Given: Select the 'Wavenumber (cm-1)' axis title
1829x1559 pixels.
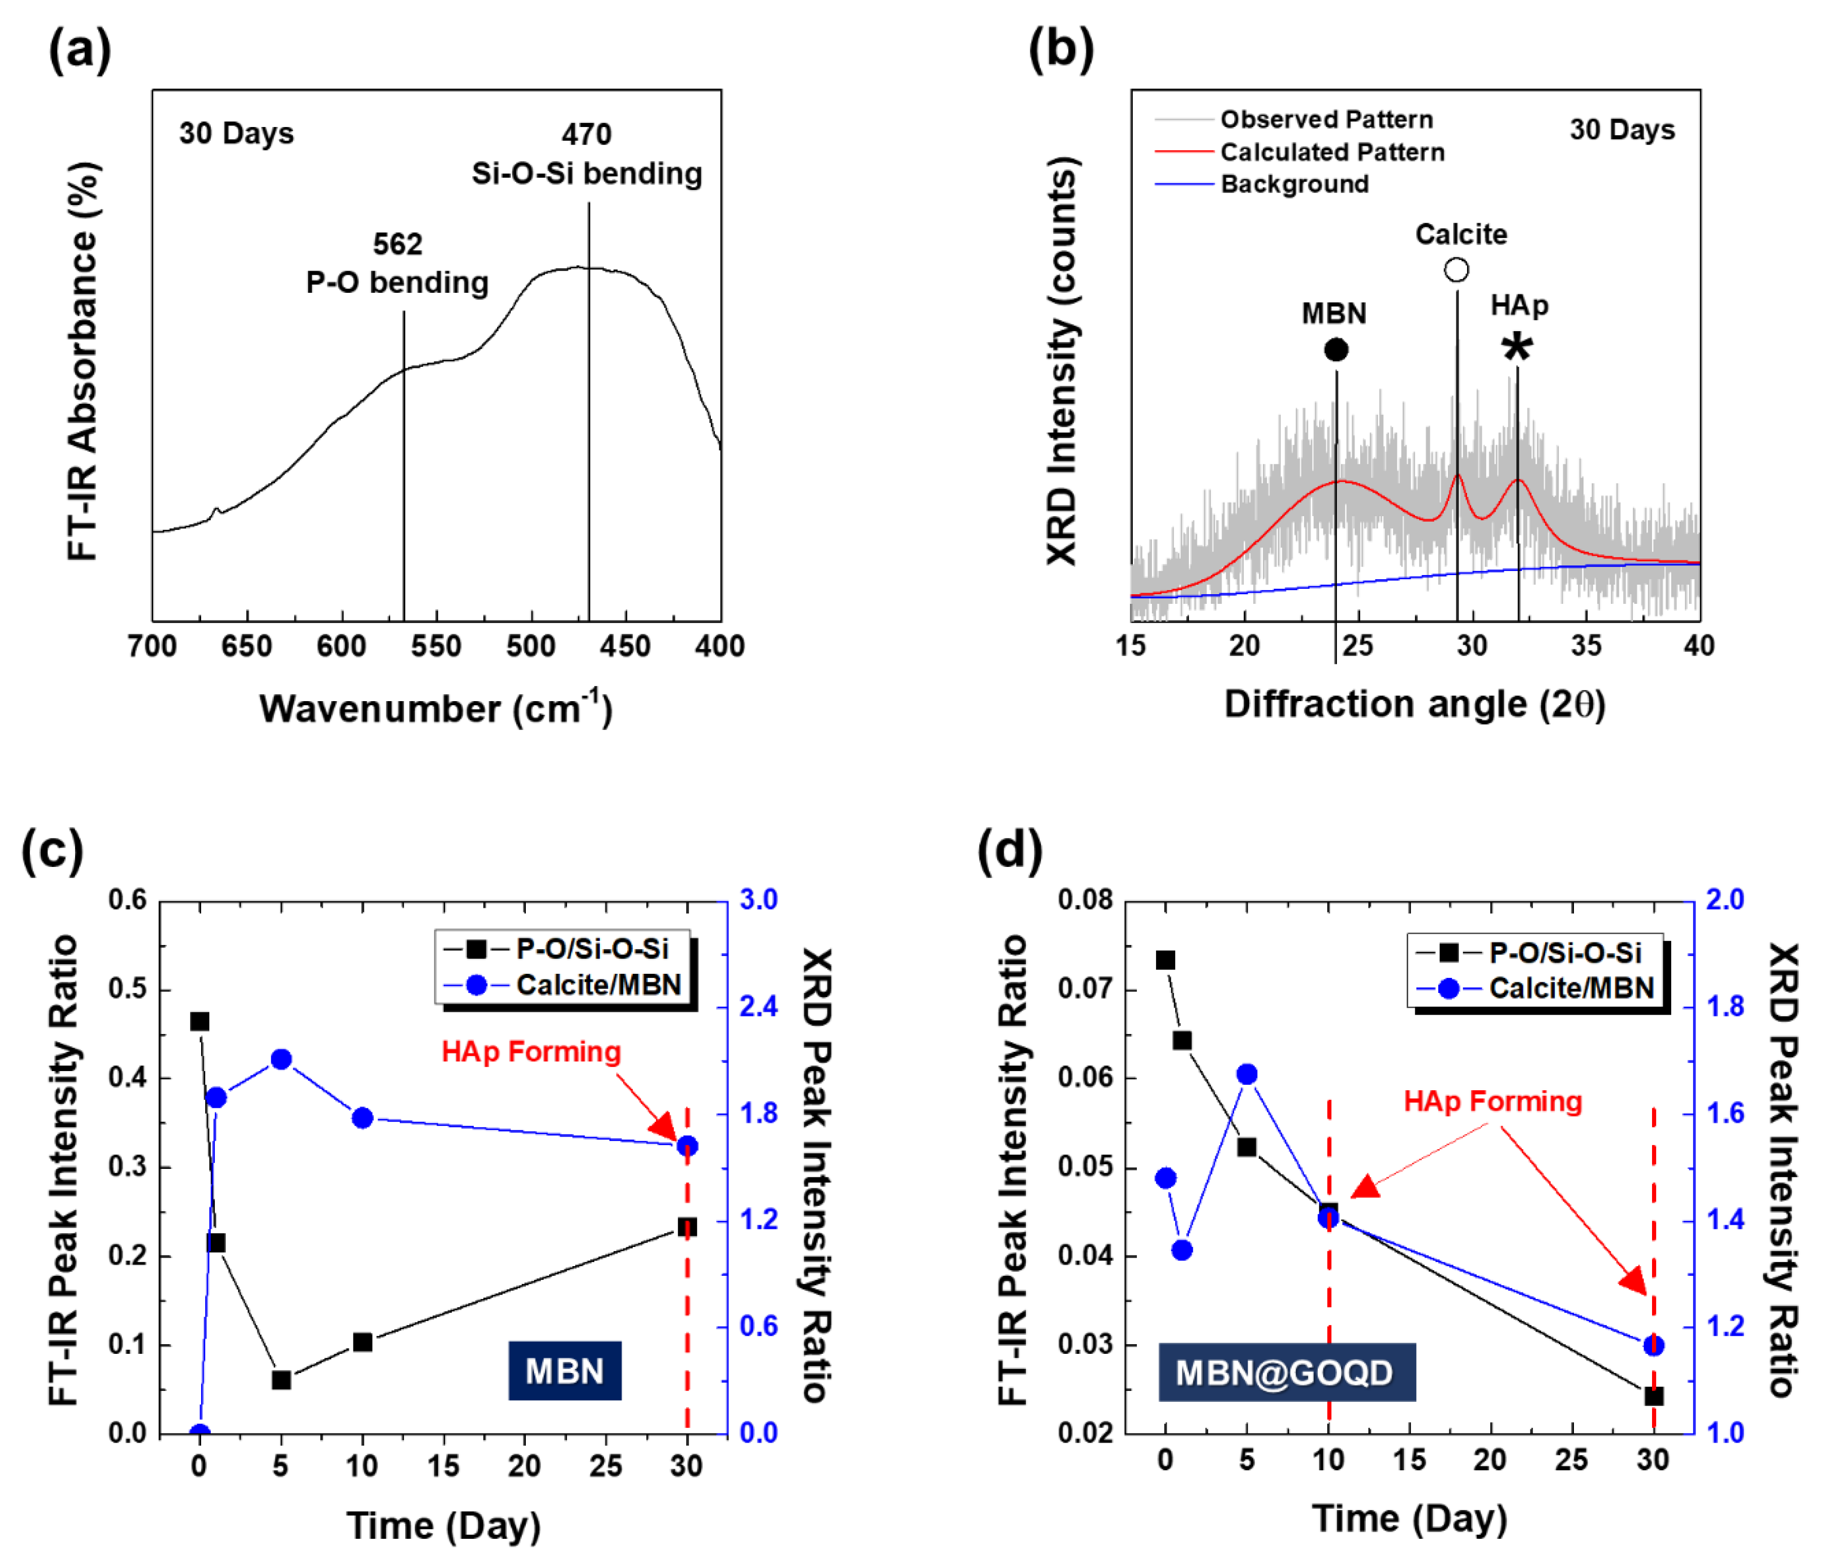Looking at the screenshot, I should [x=435, y=708].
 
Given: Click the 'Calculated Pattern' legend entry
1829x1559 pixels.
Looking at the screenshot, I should [x=1331, y=152].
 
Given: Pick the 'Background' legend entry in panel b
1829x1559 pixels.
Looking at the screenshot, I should [x=1294, y=184].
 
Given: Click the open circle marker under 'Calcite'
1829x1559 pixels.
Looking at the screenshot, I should [x=1456, y=269].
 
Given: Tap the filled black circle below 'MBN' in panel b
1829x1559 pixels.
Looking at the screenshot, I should [x=1335, y=350].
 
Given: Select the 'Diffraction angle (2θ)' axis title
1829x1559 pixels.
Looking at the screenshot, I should [x=1414, y=705].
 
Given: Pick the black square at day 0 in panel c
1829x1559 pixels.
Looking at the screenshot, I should [x=200, y=1021].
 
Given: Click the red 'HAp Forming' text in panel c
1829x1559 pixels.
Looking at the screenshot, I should [x=531, y=1051].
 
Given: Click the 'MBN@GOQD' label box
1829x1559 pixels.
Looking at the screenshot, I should [x=1286, y=1372].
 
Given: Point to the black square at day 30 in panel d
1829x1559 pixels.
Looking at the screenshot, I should [x=1654, y=1397].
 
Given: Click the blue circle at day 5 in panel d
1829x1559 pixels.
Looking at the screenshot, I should [x=1246, y=1074].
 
